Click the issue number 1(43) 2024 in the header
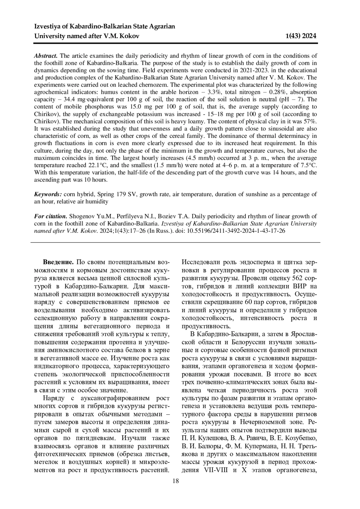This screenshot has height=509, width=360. (x=301, y=36)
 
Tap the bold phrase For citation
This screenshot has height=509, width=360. (x=50, y=216)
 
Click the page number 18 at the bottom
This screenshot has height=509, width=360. (x=175, y=481)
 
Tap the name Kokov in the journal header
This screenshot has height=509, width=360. (x=130, y=36)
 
